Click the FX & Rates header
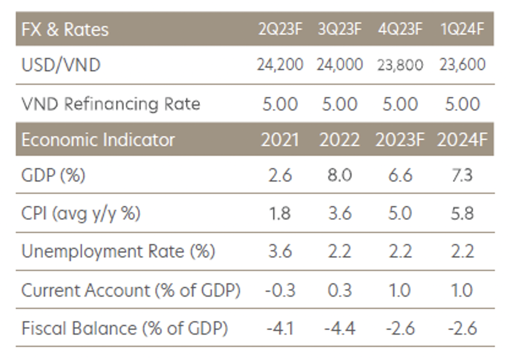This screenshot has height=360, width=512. pyautogui.click(x=65, y=29)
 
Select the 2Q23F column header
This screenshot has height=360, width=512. pyautogui.click(x=280, y=29)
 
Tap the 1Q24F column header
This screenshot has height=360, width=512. pyautogui.click(x=463, y=29)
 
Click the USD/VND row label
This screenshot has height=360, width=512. pyautogui.click(x=61, y=65)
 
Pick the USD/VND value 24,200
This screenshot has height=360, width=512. pyautogui.click(x=280, y=65)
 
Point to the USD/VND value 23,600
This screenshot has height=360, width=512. pyautogui.click(x=463, y=65)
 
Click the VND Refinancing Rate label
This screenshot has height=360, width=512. pyautogui.click(x=111, y=104)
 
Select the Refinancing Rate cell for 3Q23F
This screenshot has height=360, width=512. pyautogui.click(x=340, y=104)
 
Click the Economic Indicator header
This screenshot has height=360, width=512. pyautogui.click(x=98, y=140)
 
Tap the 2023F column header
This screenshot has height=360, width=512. pyautogui.click(x=400, y=140)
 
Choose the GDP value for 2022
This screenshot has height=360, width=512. pyautogui.click(x=340, y=175)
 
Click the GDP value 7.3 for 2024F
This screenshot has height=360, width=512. pyautogui.click(x=463, y=175)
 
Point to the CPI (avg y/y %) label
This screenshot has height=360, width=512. pyautogui.click(x=81, y=213)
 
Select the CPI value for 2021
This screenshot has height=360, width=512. pyautogui.click(x=280, y=213)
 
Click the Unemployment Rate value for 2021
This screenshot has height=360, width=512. pyautogui.click(x=280, y=252)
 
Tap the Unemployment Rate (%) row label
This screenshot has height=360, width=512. pyautogui.click(x=118, y=252)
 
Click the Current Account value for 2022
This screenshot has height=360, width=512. pyautogui.click(x=340, y=290)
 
